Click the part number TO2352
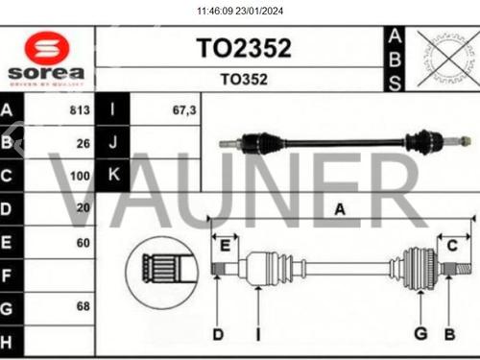pos(243,49)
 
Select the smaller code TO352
pos(244,80)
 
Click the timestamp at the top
pos(240,12)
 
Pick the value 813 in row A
pos(80,110)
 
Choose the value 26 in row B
pos(84,144)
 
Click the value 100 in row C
pos(81,177)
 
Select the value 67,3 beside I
pos(183,110)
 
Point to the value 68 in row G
pos(84,307)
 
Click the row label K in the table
pos(113,176)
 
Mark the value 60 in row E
pos(84,243)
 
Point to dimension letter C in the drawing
pos(452,245)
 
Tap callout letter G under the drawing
pos(419,334)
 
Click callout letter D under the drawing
pos(217,334)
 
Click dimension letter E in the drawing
pos(224,245)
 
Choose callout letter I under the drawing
pos(257,334)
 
